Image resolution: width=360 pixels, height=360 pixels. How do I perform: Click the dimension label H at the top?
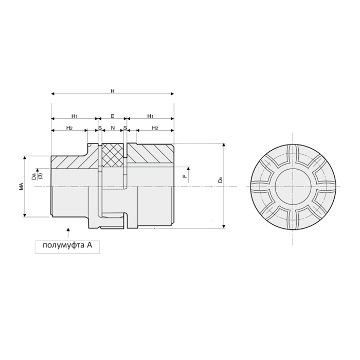[113, 91]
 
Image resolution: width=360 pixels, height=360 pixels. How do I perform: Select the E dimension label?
[113, 116]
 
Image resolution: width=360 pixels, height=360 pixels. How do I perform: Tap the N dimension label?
[113, 128]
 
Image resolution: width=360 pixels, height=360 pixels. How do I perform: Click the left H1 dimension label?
[75, 116]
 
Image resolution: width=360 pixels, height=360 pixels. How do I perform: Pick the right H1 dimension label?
[150, 116]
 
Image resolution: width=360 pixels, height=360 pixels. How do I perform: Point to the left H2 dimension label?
[69, 128]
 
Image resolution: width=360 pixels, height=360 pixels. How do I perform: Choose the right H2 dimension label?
[155, 128]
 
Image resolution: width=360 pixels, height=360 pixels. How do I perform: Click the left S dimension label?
[100, 128]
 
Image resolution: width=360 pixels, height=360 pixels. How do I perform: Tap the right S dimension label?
[125, 128]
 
